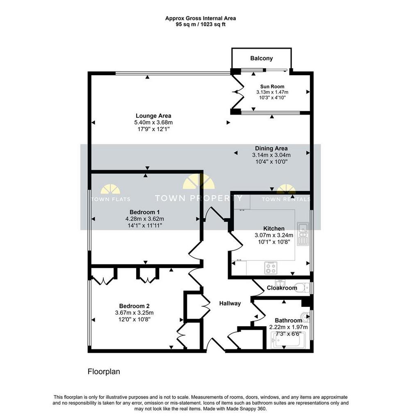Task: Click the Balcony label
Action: point(261,58)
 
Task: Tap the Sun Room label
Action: point(272,86)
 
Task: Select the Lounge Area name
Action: point(153,116)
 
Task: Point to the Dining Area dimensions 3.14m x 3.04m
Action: point(271,155)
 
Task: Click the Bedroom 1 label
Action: point(145,212)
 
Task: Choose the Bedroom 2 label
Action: point(134,306)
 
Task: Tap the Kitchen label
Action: point(274,228)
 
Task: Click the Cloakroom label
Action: point(282,288)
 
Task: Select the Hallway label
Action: point(230,303)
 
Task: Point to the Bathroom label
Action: point(288,320)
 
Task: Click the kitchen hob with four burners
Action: point(271,268)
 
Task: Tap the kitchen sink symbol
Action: point(303,234)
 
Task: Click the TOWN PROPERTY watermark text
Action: point(198,198)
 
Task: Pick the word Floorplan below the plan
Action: point(104,372)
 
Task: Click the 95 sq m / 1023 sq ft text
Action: point(200,24)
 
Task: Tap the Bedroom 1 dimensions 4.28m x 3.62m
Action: point(145,219)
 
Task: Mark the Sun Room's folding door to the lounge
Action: point(237,92)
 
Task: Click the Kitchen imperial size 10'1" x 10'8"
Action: point(274,242)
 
